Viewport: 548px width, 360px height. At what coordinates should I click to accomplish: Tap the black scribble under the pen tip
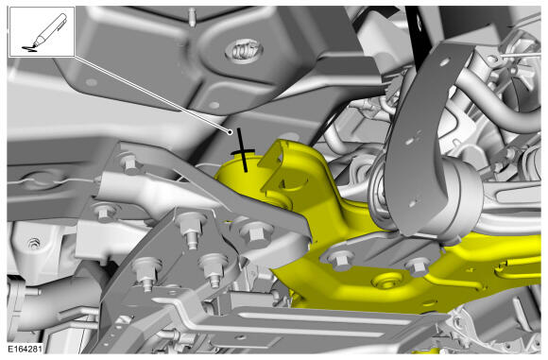pos(29,48)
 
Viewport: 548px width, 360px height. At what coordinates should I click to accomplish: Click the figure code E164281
pos(26,349)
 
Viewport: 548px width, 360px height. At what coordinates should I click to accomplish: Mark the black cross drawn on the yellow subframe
pos(243,150)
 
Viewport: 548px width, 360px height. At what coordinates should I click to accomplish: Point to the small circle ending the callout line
pos(230,132)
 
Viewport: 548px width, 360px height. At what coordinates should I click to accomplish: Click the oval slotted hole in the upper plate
pos(244,50)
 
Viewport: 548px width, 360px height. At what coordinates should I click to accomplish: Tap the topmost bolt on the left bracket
pos(130,162)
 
